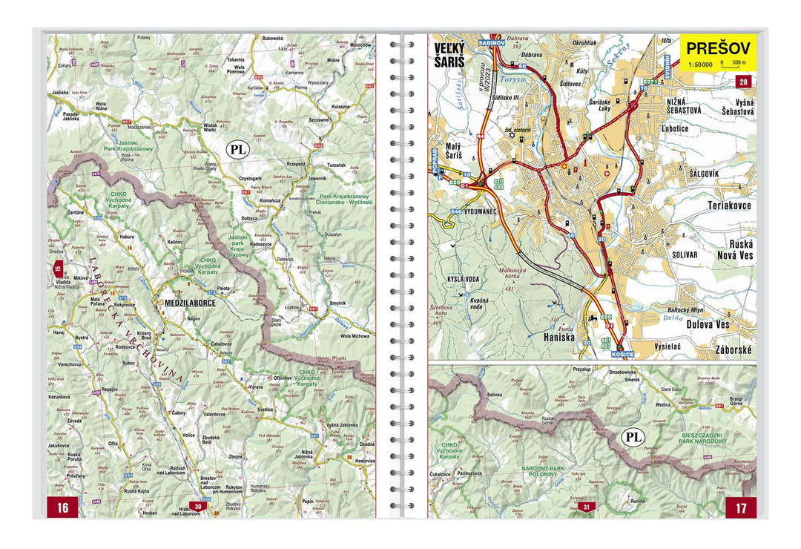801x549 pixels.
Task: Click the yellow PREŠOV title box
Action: (718, 50)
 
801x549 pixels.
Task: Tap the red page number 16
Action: (63, 507)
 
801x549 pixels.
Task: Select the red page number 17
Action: (741, 507)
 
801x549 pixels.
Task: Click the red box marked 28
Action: (743, 82)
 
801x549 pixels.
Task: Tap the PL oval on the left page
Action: (239, 149)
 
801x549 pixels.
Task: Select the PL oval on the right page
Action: (633, 437)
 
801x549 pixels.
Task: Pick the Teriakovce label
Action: (730, 206)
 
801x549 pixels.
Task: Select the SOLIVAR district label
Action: (683, 254)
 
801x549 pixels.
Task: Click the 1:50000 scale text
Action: (700, 65)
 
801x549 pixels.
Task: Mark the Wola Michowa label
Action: (355, 336)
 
